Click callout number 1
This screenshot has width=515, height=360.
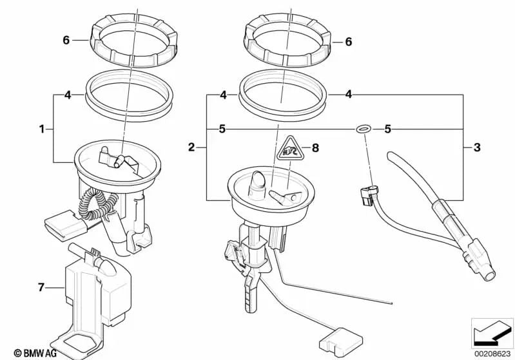point(43,129)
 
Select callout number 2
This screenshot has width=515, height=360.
point(191,148)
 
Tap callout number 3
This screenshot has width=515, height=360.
point(477,148)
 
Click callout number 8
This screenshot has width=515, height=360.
point(315,147)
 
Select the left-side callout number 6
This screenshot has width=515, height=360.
point(66,40)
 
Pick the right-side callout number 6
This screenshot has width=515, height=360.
point(349,42)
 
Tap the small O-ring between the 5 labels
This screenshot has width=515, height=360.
point(364,129)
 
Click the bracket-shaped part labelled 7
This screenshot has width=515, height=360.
point(97,290)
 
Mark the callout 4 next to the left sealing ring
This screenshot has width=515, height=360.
point(67,96)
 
